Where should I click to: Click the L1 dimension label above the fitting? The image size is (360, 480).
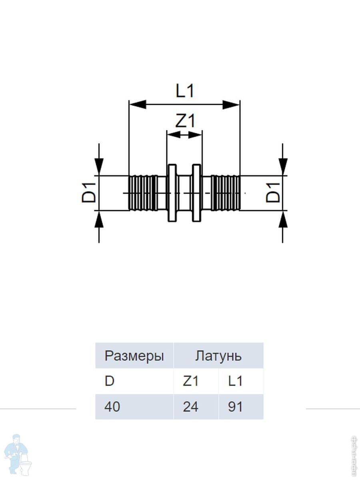(x=185, y=91)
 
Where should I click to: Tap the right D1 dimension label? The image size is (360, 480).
(x=274, y=192)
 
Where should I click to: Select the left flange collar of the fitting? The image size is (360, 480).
(x=172, y=192)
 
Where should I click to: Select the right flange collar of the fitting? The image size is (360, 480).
(x=196, y=192)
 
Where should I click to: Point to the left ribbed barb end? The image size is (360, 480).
(x=143, y=192)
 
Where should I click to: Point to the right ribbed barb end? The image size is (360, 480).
(x=226, y=192)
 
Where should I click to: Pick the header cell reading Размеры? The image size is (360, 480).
(x=134, y=356)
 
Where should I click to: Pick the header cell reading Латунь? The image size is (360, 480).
(x=218, y=356)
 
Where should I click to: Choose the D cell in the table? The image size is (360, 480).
(x=110, y=381)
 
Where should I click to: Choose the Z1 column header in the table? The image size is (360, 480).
(x=191, y=381)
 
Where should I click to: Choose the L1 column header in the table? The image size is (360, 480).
(x=236, y=381)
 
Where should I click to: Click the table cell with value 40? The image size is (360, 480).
(x=112, y=407)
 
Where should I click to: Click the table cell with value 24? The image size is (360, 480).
(x=191, y=407)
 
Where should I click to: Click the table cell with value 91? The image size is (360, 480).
(x=236, y=407)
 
